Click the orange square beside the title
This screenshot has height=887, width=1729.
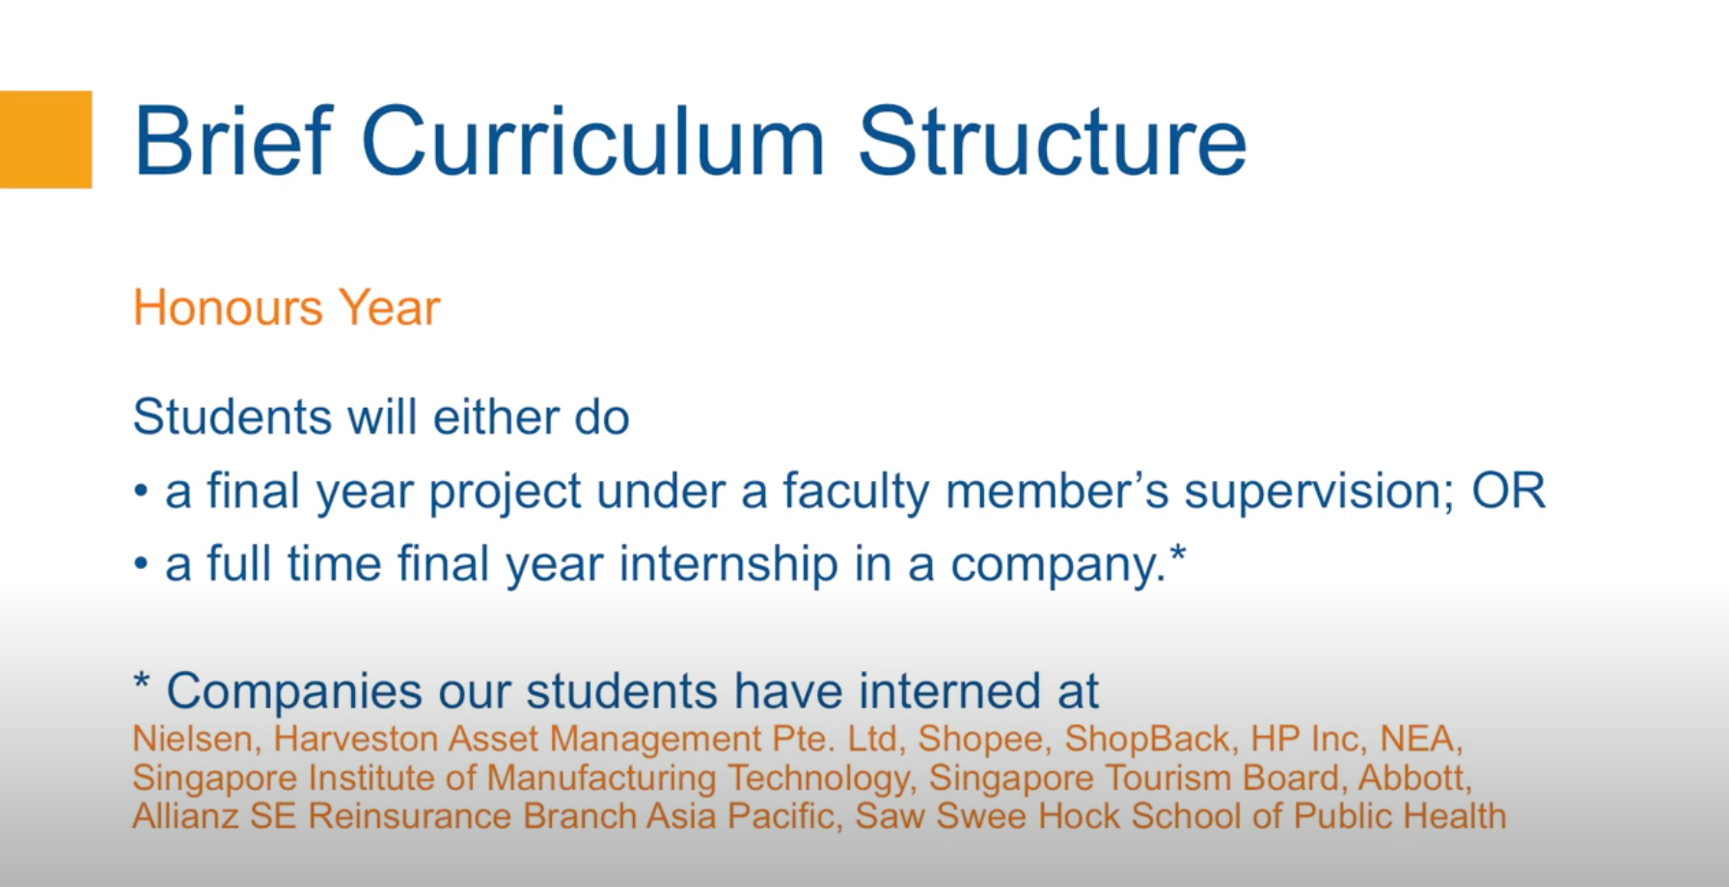(x=45, y=140)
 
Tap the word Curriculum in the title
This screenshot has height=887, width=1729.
(x=593, y=142)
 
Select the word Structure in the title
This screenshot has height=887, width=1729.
(x=1052, y=142)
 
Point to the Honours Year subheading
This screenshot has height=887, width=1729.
(x=287, y=309)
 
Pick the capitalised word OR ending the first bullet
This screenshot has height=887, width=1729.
(x=1508, y=491)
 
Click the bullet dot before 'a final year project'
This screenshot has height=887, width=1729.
(x=141, y=493)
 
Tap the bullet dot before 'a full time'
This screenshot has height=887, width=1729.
(x=141, y=565)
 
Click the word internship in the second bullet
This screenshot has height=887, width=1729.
(x=728, y=564)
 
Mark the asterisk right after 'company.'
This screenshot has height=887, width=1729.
(x=1177, y=554)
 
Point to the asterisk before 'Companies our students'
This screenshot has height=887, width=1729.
(x=142, y=682)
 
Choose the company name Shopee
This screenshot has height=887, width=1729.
(x=980, y=739)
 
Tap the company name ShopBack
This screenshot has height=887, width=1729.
(x=1146, y=739)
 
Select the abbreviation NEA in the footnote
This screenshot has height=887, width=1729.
(x=1416, y=739)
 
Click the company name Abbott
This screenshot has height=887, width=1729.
(x=1412, y=777)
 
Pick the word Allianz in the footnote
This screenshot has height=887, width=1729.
(x=186, y=817)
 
